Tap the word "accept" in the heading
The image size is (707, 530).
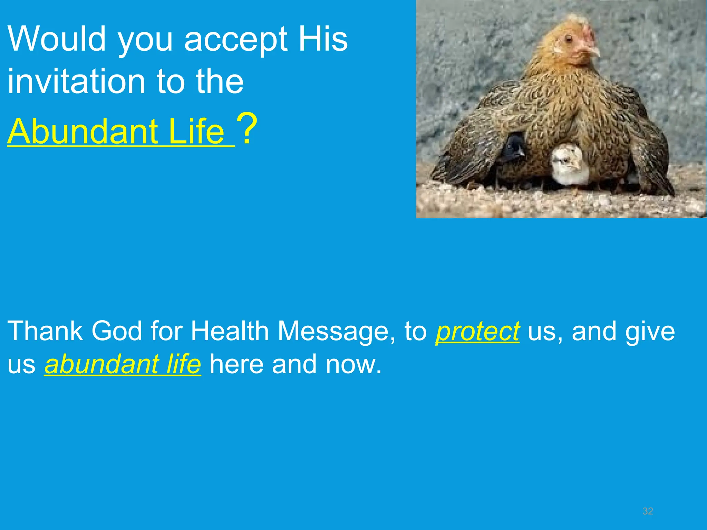click(235, 41)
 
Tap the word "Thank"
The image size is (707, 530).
click(45, 331)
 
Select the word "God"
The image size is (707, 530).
click(116, 331)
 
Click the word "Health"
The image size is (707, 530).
click(230, 331)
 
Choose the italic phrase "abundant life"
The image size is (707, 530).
click(123, 364)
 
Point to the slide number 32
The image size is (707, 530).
click(648, 511)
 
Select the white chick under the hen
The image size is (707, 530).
click(569, 165)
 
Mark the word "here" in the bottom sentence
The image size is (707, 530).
click(236, 364)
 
